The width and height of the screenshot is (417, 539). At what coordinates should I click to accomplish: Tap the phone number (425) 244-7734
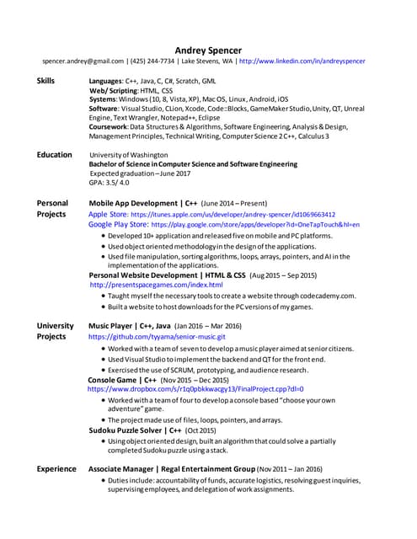[x=153, y=61]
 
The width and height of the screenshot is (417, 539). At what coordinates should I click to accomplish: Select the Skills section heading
[x=47, y=81]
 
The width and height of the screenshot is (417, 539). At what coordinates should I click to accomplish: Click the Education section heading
[x=54, y=155]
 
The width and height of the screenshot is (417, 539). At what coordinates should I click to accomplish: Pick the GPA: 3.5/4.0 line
[x=110, y=183]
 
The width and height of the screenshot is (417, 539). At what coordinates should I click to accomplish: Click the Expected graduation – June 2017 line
[x=140, y=173]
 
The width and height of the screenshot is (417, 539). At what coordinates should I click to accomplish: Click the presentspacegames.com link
[x=156, y=285]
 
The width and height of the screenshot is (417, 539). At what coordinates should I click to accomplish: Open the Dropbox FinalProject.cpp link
[x=195, y=390]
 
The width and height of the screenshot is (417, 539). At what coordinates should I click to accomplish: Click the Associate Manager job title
[x=126, y=468]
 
